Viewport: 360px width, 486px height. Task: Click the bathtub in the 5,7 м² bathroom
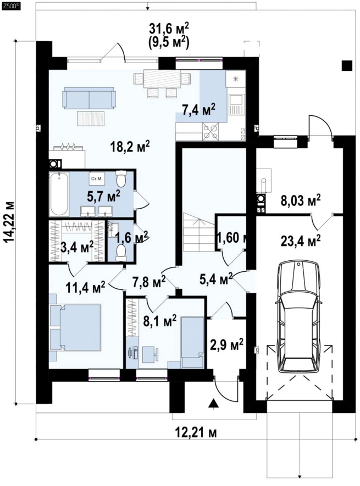59,194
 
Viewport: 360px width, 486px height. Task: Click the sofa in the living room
89,98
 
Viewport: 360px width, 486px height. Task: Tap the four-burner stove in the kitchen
211,132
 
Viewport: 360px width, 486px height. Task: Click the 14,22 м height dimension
10,222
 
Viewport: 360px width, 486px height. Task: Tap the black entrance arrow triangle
213,403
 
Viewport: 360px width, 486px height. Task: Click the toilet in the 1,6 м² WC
120,252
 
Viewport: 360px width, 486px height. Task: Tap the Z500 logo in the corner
10,4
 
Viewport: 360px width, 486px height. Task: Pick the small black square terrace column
347,65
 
